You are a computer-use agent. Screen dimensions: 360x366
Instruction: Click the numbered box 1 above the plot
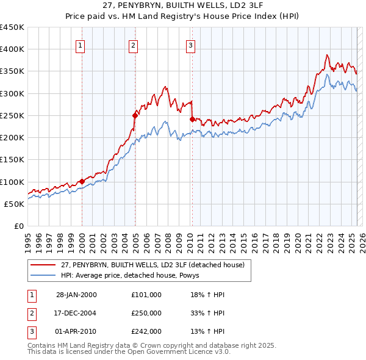(x=81, y=45)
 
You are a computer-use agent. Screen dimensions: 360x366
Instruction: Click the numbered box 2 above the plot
(x=133, y=45)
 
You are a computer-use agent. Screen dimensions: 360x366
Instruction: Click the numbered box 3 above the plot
(x=191, y=45)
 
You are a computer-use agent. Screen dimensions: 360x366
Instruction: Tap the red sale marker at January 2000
(x=82, y=181)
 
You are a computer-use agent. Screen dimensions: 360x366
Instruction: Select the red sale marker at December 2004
(x=135, y=115)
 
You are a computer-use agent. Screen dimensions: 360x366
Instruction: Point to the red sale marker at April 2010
(x=192, y=118)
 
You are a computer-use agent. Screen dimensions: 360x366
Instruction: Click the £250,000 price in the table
(x=146, y=313)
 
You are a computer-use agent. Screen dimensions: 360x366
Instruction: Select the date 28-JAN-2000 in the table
(x=76, y=295)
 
